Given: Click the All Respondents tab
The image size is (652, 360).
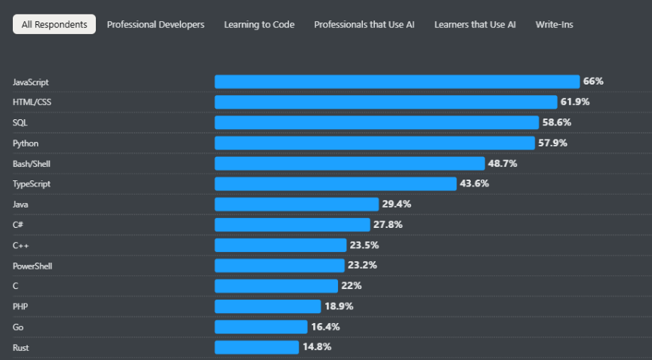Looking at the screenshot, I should pyautogui.click(x=54, y=25).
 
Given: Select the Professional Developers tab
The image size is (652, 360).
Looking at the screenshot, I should pyautogui.click(x=155, y=25).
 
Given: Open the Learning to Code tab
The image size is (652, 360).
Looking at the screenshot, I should pyautogui.click(x=259, y=25).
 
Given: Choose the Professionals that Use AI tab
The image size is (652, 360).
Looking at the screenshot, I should pyautogui.click(x=364, y=25).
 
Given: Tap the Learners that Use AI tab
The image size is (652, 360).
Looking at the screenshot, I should pyautogui.click(x=475, y=25).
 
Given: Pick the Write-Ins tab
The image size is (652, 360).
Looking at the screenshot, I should pyautogui.click(x=554, y=25).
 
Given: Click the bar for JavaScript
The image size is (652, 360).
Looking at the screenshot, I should pyautogui.click(x=397, y=82).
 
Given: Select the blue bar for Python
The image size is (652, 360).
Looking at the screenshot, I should pyautogui.click(x=374, y=143).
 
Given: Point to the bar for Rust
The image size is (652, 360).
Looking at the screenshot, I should pyautogui.click(x=257, y=347).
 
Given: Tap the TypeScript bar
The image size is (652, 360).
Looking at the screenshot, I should pyautogui.click(x=336, y=183).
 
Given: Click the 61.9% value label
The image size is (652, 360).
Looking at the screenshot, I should pyautogui.click(x=574, y=102).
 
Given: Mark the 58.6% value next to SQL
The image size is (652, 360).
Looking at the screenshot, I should pyautogui.click(x=557, y=122).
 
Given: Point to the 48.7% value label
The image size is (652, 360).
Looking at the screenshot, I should pyautogui.click(x=503, y=163).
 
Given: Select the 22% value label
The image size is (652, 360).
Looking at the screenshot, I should pyautogui.click(x=352, y=286).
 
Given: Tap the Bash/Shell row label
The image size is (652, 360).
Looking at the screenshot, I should pyautogui.click(x=32, y=163).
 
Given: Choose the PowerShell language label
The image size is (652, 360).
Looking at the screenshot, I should pyautogui.click(x=32, y=266).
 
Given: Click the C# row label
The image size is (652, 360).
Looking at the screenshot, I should pyautogui.click(x=18, y=224).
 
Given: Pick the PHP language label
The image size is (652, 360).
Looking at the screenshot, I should pyautogui.click(x=20, y=306).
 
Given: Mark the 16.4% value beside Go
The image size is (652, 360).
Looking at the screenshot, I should pyautogui.click(x=324, y=327).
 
